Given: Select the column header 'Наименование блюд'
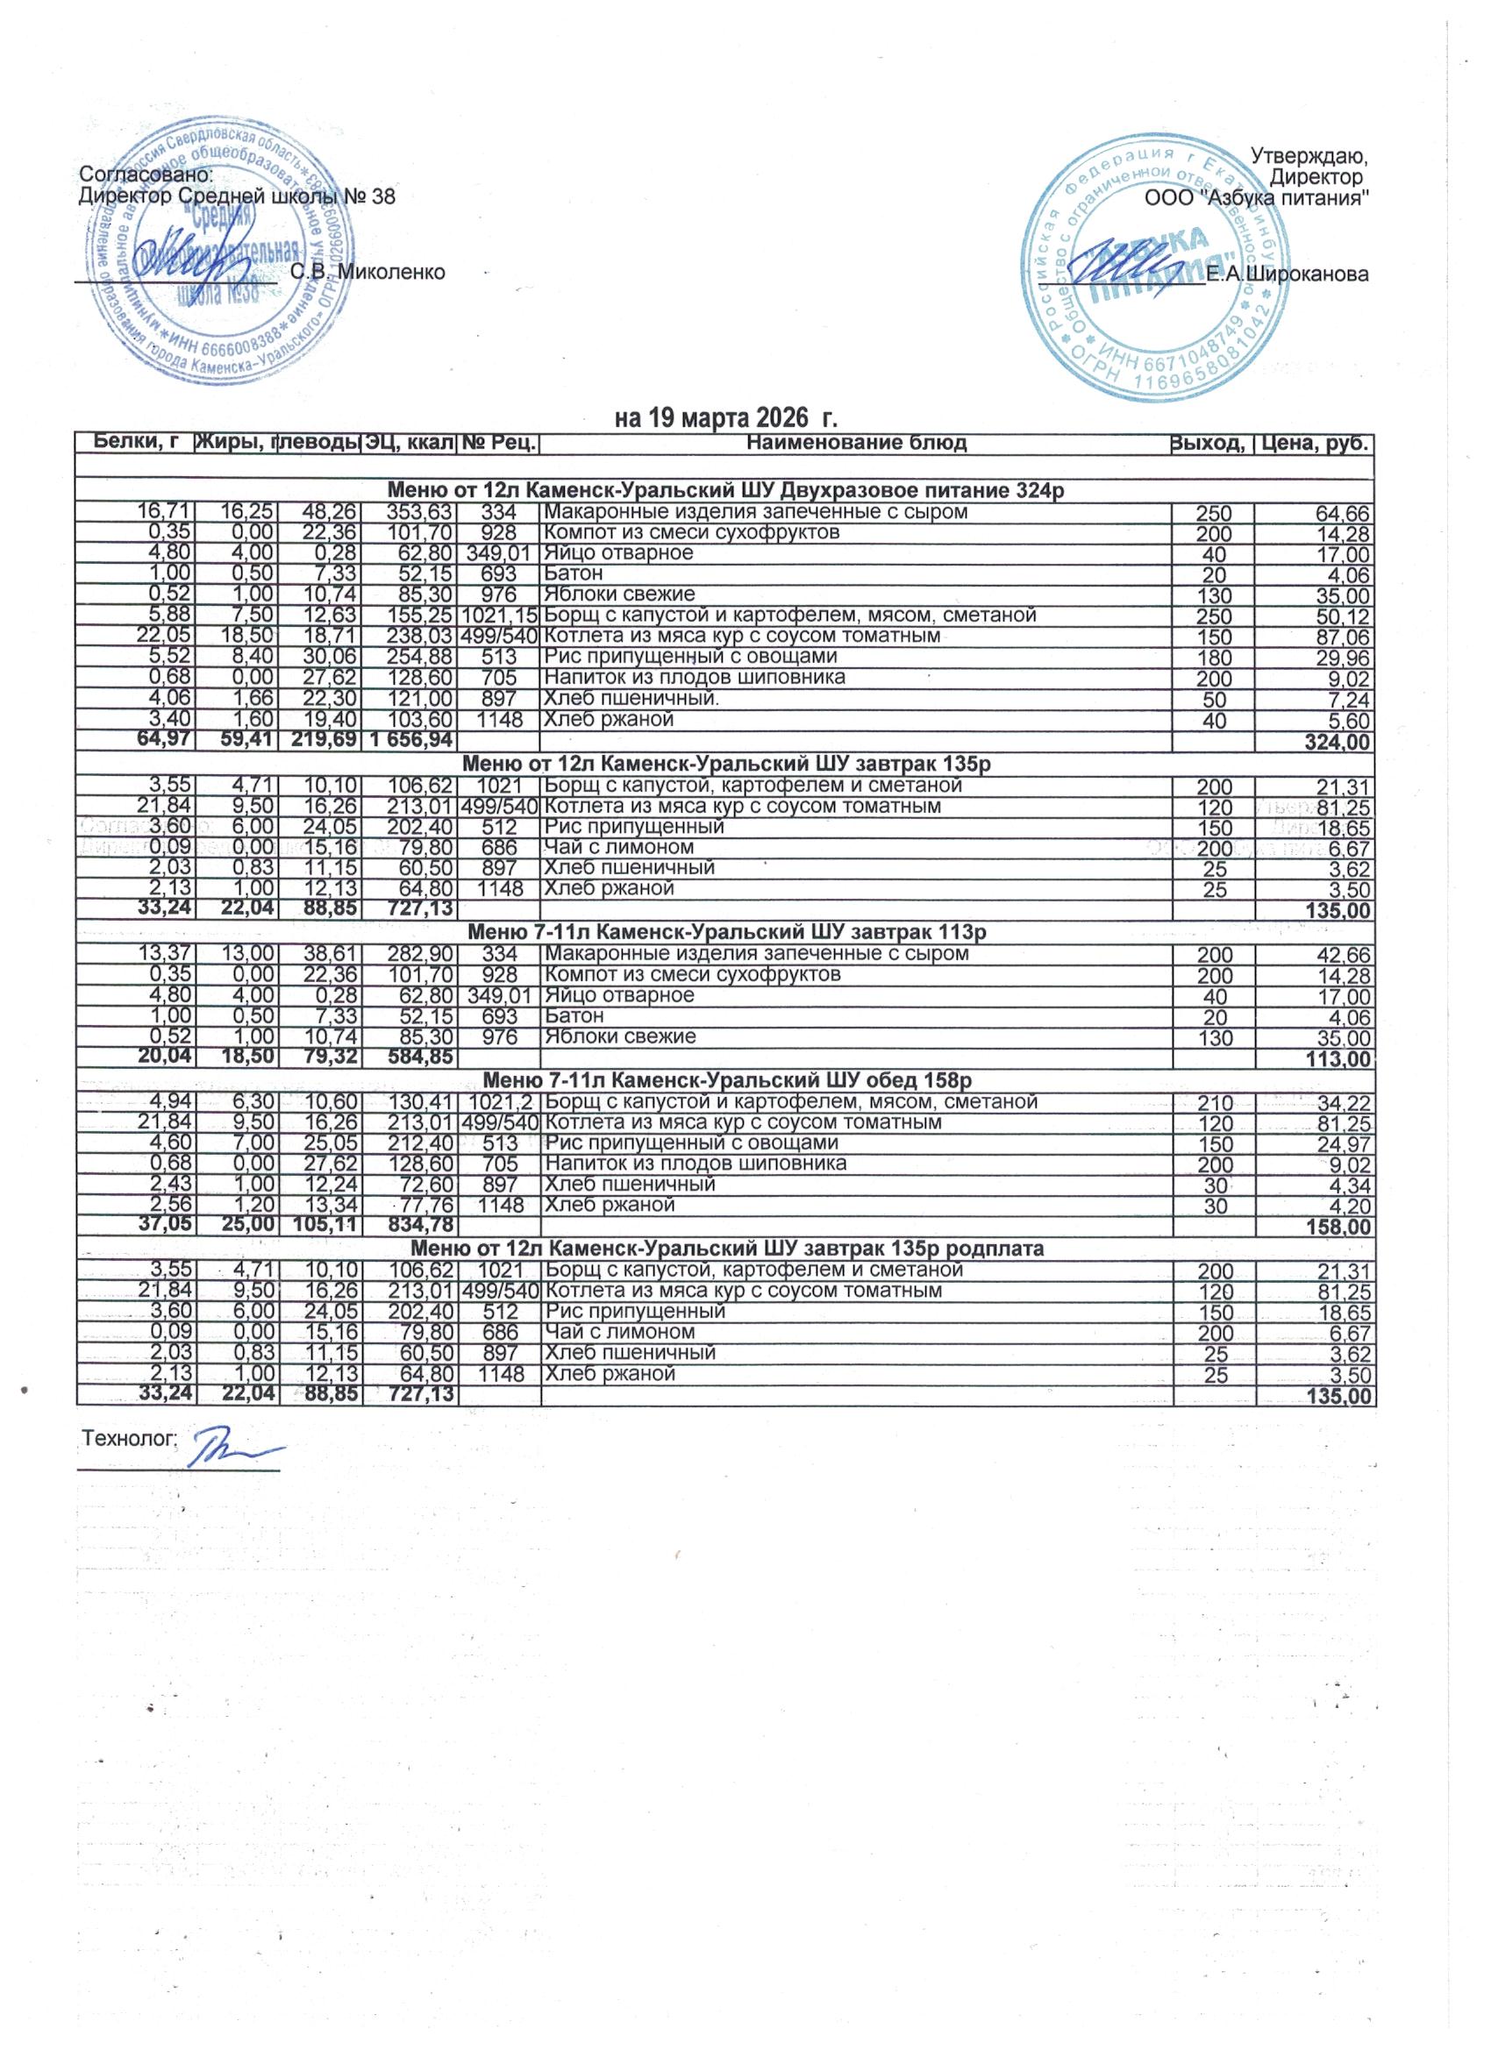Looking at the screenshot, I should [x=856, y=443].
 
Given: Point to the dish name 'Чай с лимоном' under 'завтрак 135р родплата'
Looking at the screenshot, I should [x=619, y=1331].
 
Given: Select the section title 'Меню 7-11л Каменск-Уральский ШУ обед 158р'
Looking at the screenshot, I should [x=727, y=1080].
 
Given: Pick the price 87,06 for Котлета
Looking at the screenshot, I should [x=1346, y=638].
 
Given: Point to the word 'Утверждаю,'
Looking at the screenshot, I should [x=1310, y=154].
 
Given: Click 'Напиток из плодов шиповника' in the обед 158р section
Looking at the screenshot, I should [x=695, y=1163].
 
